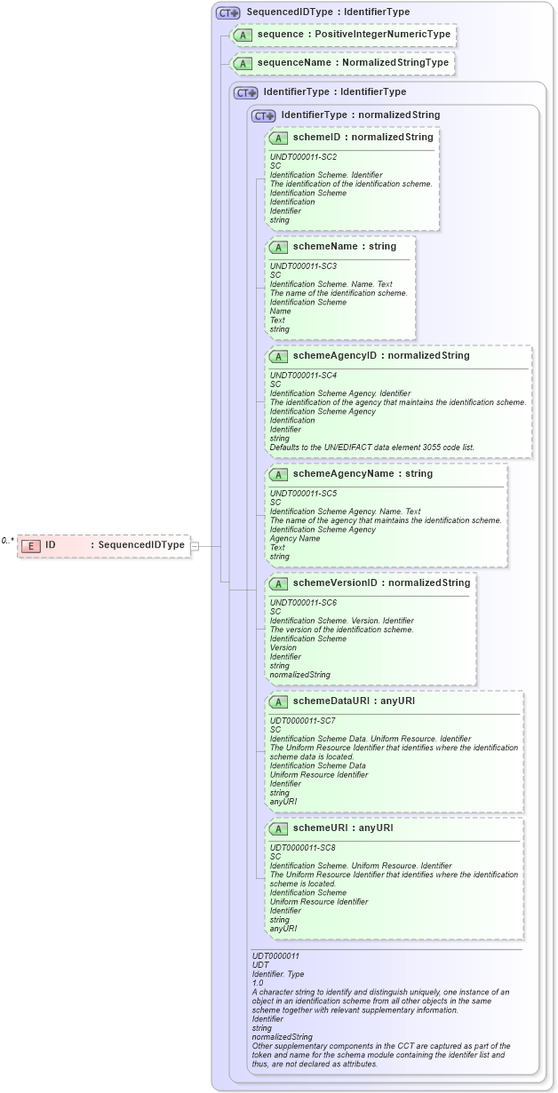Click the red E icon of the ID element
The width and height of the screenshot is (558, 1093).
tap(31, 545)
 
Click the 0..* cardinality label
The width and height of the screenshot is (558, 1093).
tap(8, 540)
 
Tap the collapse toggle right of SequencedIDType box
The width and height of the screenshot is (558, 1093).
tap(195, 545)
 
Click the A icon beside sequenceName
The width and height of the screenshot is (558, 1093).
tap(242, 63)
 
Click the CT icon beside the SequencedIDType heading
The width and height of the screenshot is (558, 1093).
tap(228, 12)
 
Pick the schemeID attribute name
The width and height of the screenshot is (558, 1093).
tap(317, 138)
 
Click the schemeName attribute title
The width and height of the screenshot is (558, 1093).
tap(324, 246)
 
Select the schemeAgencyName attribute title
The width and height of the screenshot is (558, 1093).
tap(342, 473)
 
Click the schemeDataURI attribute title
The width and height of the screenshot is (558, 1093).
tap(331, 701)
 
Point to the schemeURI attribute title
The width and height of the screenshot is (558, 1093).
tap(318, 828)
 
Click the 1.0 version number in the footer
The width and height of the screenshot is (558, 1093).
tap(258, 983)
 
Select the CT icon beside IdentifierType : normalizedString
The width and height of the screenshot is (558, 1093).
tap(263, 115)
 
